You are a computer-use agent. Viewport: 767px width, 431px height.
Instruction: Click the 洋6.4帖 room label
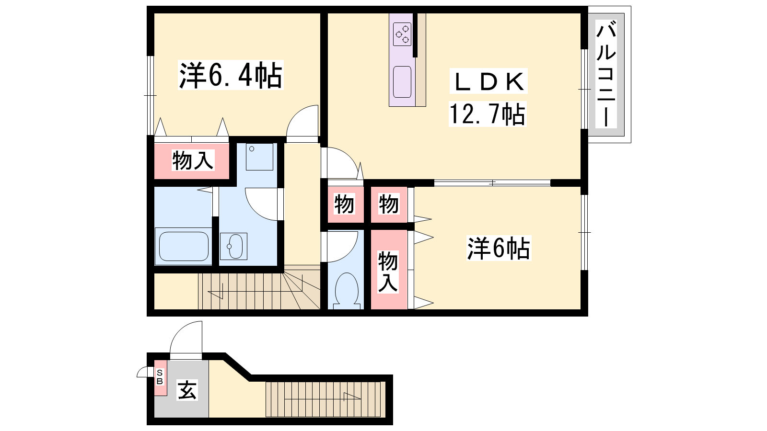[231, 75]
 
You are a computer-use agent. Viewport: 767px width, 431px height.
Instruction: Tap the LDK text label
[488, 81]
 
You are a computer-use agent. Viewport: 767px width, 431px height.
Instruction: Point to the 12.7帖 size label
[487, 114]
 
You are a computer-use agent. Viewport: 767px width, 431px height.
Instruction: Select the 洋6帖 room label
[499, 248]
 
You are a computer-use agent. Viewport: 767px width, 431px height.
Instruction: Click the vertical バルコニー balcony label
[606, 74]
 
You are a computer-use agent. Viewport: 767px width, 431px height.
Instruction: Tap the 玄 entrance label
[187, 390]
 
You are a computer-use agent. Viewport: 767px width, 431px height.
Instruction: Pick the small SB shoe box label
[160, 377]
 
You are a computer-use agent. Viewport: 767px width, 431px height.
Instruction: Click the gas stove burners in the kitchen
[402, 34]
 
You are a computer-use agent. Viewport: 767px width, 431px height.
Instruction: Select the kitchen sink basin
[402, 82]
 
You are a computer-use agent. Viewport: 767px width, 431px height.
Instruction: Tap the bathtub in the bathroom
[184, 247]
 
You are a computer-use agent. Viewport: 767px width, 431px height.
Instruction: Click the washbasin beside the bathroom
[233, 246]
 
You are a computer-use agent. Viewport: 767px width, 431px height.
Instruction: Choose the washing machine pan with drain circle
[259, 157]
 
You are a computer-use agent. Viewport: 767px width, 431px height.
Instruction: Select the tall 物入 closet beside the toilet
[389, 270]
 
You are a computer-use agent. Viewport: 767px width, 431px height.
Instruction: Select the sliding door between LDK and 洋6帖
[492, 182]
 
